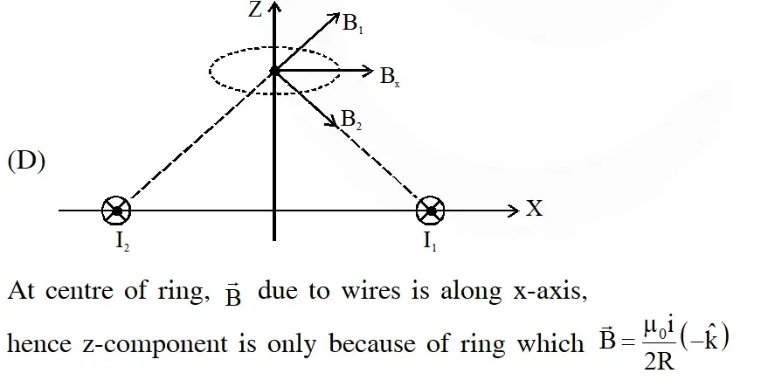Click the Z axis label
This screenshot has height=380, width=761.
(255, 10)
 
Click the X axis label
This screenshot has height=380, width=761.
(535, 209)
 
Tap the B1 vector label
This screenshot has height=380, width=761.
(353, 24)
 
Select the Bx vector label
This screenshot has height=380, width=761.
(390, 77)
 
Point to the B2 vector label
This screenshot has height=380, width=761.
(351, 120)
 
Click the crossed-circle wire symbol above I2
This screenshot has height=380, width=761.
(116, 211)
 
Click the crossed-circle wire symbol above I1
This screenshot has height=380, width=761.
(431, 211)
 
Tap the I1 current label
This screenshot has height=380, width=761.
(430, 241)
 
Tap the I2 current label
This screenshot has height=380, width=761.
(122, 241)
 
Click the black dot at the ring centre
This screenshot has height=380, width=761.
(274, 72)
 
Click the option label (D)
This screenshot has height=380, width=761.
(27, 162)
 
